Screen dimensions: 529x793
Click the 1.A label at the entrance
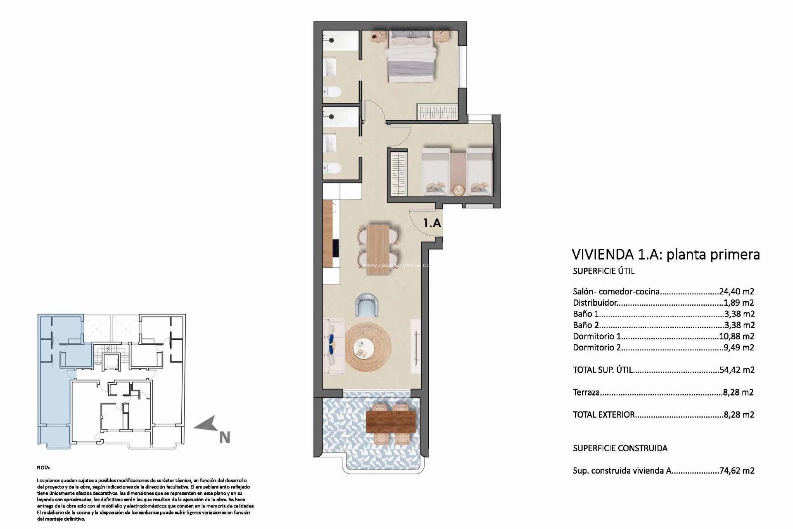tap(432, 223)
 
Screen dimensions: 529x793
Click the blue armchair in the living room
tap(367, 305)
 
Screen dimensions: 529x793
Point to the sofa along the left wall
tap(334, 346)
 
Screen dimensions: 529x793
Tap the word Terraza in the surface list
tap(586, 392)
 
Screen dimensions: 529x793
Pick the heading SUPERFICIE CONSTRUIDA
tap(620, 448)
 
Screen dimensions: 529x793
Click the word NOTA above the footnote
tap(43, 467)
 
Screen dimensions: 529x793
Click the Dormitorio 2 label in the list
tap(597, 348)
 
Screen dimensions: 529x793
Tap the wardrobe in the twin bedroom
tap(398, 174)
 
